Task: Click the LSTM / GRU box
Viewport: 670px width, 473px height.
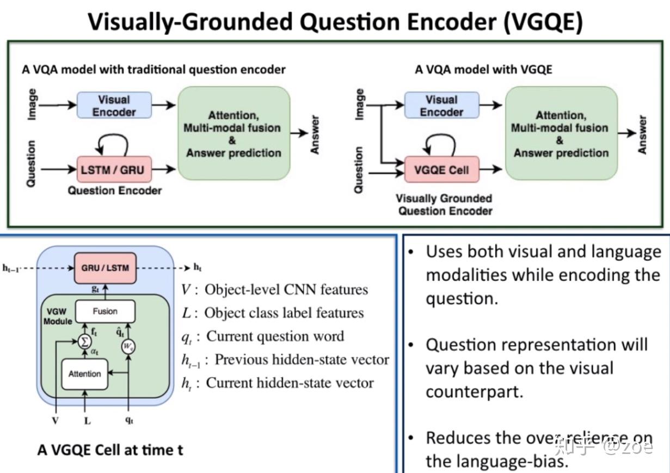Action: tap(113, 169)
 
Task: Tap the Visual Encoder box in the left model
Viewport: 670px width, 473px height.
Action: tap(114, 106)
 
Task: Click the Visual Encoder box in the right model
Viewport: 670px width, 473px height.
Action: tap(441, 106)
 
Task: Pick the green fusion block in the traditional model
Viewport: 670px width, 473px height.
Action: tap(233, 134)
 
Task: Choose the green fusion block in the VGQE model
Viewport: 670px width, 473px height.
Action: tap(561, 134)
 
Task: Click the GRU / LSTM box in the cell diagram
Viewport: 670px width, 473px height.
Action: tap(105, 268)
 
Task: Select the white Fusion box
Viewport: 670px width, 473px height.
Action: tap(105, 311)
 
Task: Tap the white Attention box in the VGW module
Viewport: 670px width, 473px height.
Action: tap(84, 374)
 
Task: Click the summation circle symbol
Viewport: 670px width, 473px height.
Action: tap(84, 341)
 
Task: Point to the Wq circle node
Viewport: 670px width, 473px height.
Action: tap(128, 347)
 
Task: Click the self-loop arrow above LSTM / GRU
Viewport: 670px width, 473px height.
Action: tap(112, 144)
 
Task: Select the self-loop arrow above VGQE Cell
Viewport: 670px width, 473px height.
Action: tap(440, 144)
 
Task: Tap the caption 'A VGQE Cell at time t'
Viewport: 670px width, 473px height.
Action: tap(110, 450)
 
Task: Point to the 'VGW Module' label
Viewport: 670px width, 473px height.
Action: tap(58, 317)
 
